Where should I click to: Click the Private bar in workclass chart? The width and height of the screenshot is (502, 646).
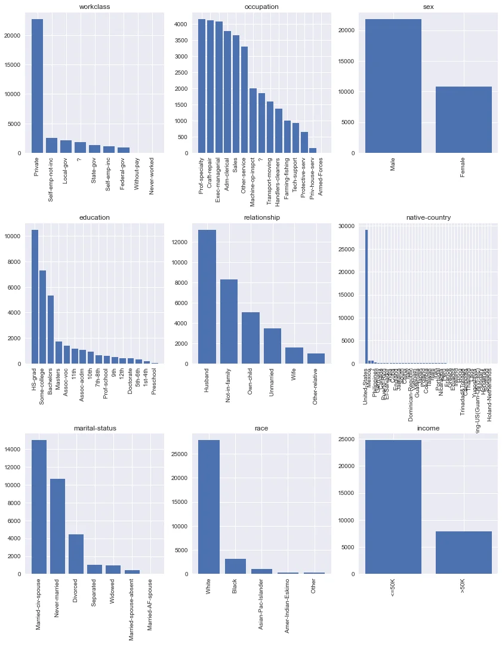pyautogui.click(x=37, y=86)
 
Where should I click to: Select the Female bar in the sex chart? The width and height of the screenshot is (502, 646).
pyautogui.click(x=464, y=119)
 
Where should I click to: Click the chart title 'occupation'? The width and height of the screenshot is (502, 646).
pyautogui.click(x=260, y=7)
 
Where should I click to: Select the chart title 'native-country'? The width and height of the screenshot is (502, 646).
pyautogui.click(x=429, y=217)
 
